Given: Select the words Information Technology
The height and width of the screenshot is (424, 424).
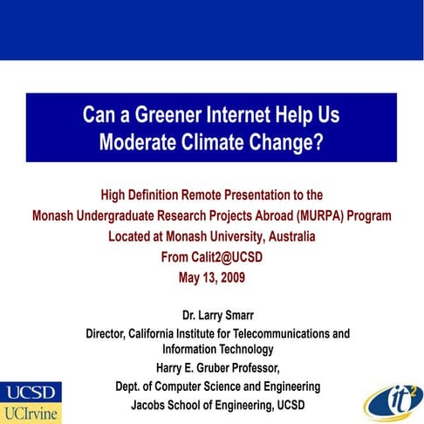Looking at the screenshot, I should click(x=212, y=349).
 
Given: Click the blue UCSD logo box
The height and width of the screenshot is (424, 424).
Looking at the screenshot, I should click(x=31, y=390).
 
